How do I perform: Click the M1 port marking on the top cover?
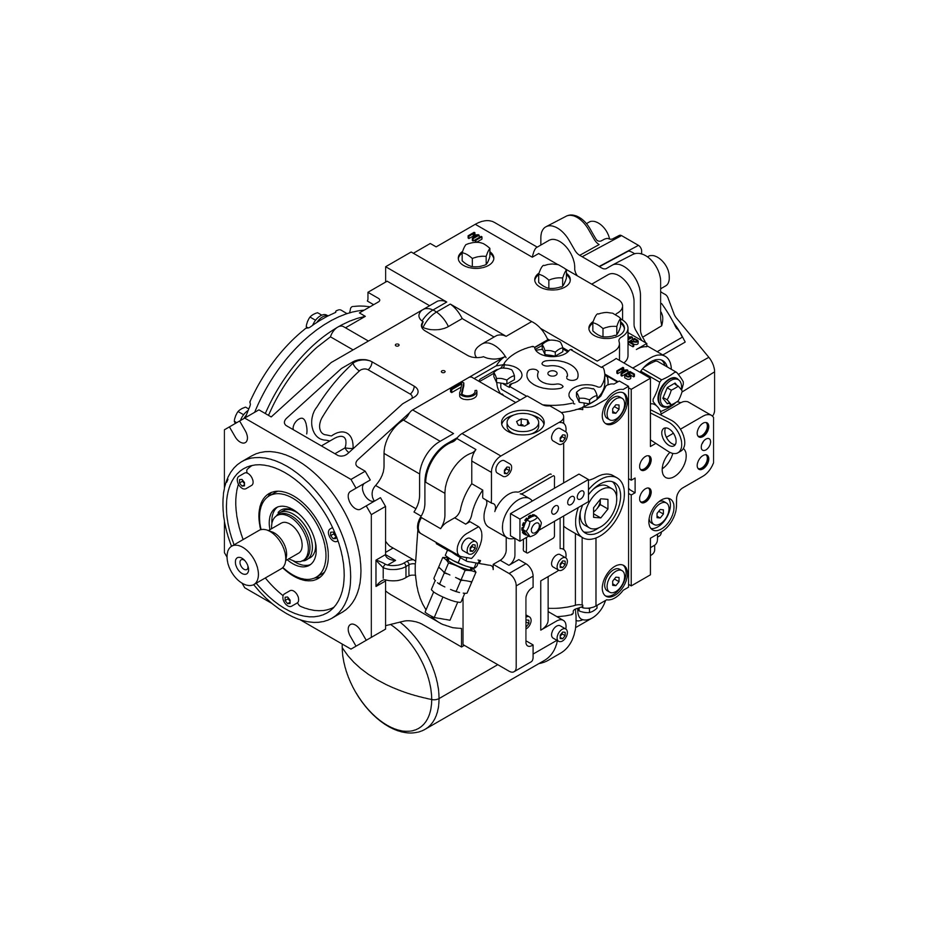pyautogui.click(x=474, y=237)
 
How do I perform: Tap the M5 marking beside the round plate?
pyautogui.click(x=625, y=373)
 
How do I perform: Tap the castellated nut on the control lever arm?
pyautogui.click(x=531, y=526)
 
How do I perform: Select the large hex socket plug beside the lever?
pyautogui.click(x=601, y=510)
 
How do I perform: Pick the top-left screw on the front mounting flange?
pyautogui.click(x=243, y=483)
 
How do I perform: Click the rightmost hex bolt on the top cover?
pyautogui.click(x=604, y=325)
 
